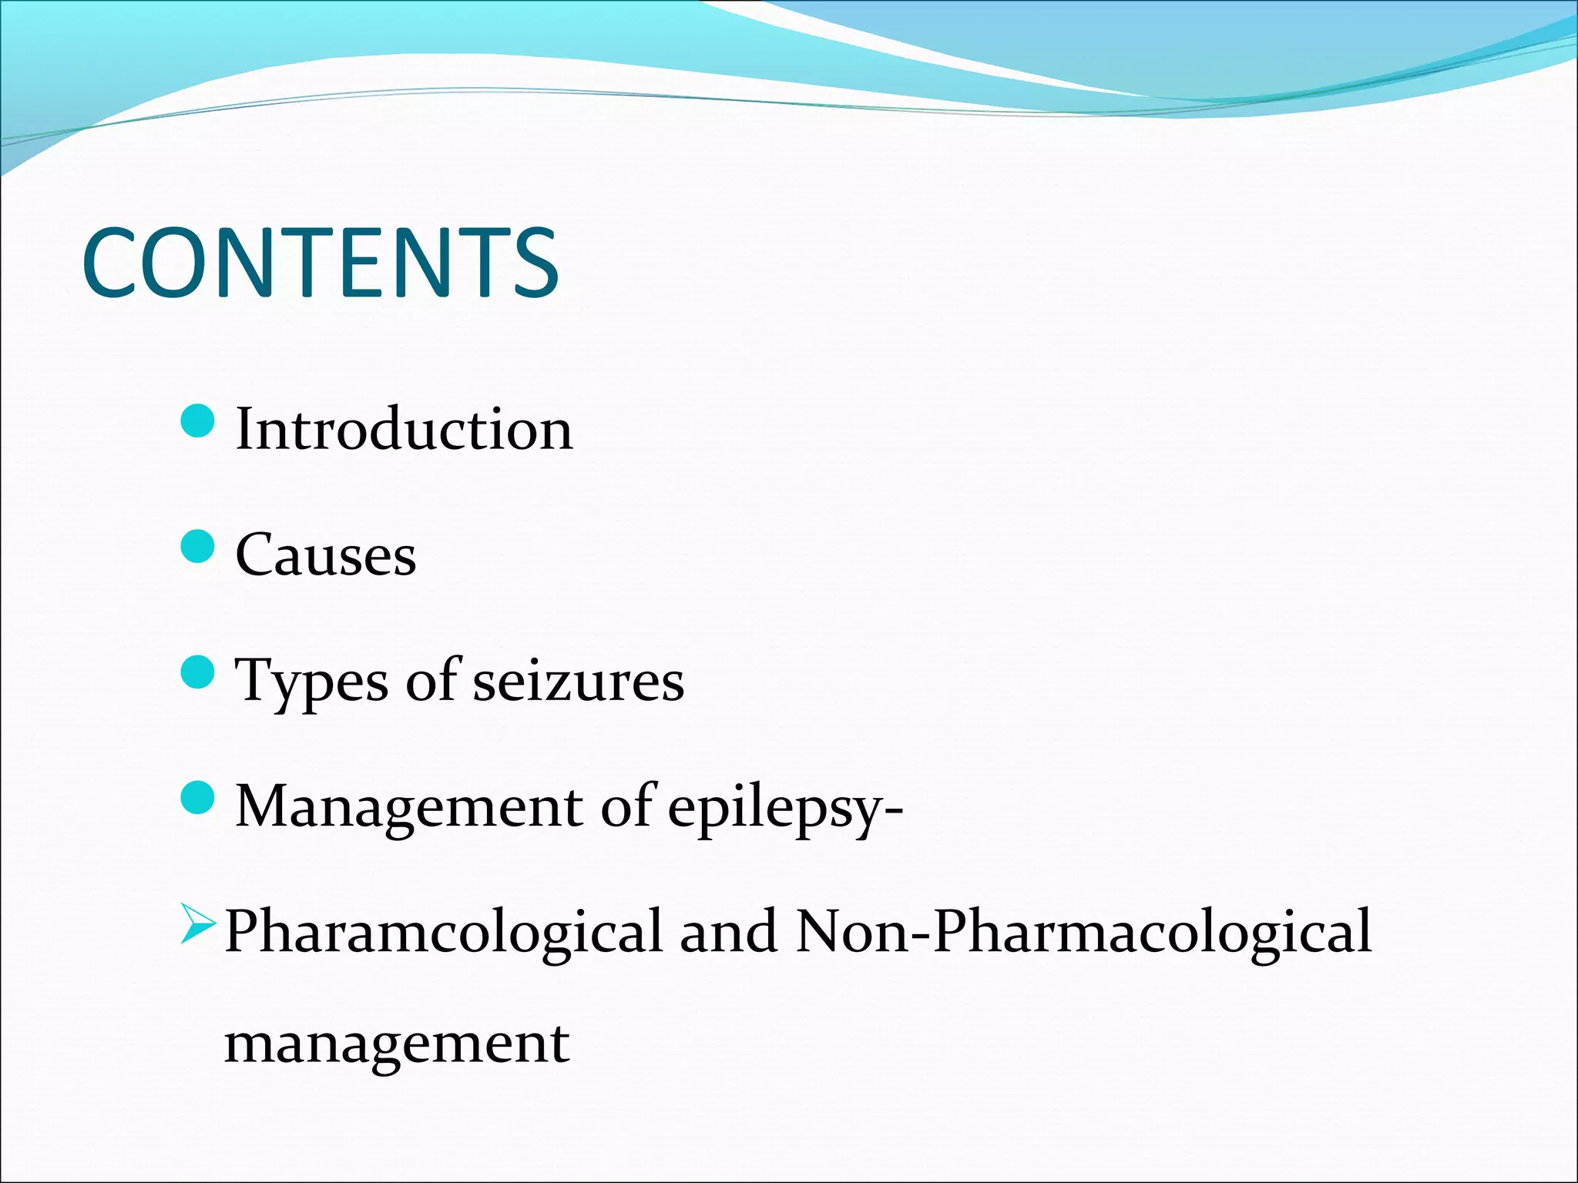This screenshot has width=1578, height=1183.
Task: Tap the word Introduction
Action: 404,429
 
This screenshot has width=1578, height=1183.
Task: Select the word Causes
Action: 325,555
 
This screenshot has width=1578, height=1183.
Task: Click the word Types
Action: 311,682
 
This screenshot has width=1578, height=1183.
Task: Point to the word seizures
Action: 578,682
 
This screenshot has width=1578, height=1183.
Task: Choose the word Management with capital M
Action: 408,807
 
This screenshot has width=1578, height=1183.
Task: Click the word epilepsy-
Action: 785,809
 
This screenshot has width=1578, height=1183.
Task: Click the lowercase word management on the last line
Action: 397,1044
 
